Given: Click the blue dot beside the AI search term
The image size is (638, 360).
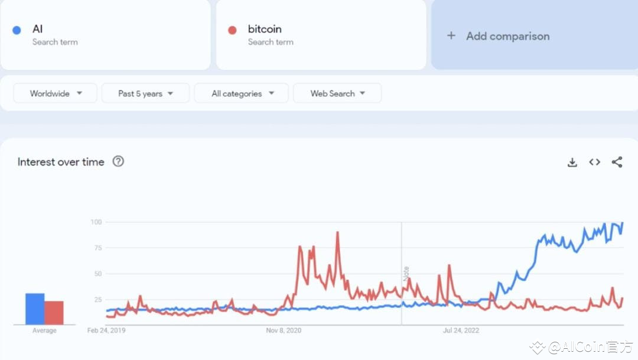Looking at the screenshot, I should coord(17,30).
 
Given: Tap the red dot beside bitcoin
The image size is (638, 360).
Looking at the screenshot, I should coord(232,30).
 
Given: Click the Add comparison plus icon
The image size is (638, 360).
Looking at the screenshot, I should coord(451,35).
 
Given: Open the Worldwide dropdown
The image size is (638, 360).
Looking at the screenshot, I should coord(56,93).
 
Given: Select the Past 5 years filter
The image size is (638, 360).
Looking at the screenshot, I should coord(145,93).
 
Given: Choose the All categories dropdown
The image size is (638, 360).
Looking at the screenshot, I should coord(242,93).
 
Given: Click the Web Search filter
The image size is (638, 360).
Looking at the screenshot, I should coord(337,93).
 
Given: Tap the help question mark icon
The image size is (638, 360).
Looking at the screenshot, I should coord(118,161).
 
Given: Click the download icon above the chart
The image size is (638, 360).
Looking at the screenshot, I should coord(572,162).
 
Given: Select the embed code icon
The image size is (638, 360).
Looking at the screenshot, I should coord(594,162).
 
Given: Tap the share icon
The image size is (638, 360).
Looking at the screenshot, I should coord(617,162).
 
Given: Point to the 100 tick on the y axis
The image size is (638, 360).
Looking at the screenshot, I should coord(96,222).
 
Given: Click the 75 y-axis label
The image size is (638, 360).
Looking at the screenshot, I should coord(97,248).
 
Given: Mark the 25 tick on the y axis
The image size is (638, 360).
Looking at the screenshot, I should coord(97,300).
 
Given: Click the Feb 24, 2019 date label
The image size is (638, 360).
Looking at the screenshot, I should coord(106,330).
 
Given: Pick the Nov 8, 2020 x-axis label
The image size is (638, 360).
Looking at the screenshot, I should coord(284,330).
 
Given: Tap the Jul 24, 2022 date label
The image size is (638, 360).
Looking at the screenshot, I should coord(461,330).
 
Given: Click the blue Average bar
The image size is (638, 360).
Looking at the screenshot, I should coord(35,309).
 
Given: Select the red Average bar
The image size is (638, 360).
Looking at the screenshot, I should coord(54,313).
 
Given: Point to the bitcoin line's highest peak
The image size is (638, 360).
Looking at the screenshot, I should coord(337,232).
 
